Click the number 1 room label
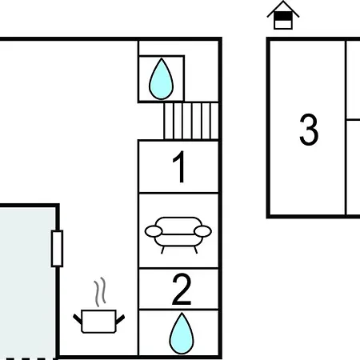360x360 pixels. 180,166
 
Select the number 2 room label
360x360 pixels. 182,290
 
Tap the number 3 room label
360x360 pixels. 309,130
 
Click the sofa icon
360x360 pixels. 178,235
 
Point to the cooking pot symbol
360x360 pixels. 98,321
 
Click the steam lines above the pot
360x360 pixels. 100,292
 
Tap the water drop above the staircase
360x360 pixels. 161,79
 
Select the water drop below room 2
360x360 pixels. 182,334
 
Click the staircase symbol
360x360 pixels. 191,121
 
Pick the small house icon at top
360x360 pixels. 283,15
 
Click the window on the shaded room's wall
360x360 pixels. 57,249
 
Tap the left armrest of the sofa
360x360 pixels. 154,231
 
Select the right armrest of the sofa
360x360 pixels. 203,231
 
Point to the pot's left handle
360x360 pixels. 78,319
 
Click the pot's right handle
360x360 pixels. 120,319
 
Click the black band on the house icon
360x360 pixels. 283,16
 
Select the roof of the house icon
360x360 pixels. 283,9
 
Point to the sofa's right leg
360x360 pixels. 196,250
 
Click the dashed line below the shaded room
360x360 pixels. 30,358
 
